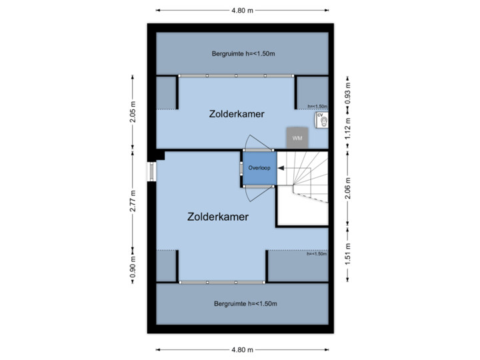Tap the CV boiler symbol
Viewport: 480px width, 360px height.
pyautogui.click(x=321, y=119)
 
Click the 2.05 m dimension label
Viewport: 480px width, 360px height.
pyautogui.click(x=133, y=111)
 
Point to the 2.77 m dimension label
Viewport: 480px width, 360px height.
pyautogui.click(x=133, y=200)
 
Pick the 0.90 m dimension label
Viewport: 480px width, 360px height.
pyautogui.click(x=133, y=267)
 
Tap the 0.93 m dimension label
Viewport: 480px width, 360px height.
pyautogui.click(x=347, y=91)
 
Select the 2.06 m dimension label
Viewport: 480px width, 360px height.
pyautogui.click(x=347, y=184)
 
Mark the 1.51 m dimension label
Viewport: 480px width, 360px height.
pyautogui.click(x=347, y=253)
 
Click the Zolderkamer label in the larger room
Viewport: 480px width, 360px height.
pyautogui.click(x=219, y=217)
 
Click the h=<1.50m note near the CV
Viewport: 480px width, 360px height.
pyautogui.click(x=317, y=106)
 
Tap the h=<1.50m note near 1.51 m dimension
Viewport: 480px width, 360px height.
pyautogui.click(x=316, y=254)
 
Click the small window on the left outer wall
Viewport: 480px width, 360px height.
pyautogui.click(x=151, y=171)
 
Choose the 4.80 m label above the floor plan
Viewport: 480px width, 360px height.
pyautogui.click(x=243, y=11)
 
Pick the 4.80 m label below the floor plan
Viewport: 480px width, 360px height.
pyautogui.click(x=243, y=349)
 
